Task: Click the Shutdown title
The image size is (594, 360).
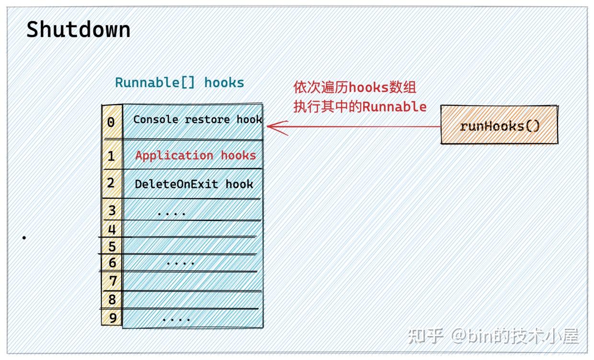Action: click(x=78, y=30)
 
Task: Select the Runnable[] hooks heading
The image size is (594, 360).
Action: click(x=180, y=82)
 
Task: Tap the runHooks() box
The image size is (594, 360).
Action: click(x=499, y=126)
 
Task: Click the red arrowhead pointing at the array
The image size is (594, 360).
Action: click(x=273, y=127)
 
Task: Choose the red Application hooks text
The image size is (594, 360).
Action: click(x=195, y=155)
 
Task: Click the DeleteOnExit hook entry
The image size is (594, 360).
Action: click(x=194, y=184)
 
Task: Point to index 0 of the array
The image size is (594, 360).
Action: click(x=111, y=122)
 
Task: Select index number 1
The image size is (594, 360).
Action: click(x=111, y=156)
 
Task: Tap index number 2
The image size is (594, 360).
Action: click(x=111, y=183)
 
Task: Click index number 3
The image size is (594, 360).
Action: click(x=112, y=210)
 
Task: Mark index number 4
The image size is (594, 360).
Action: click(x=112, y=229)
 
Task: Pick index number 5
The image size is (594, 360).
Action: click(x=112, y=246)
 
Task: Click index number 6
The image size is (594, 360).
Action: click(x=112, y=263)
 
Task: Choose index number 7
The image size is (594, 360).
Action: click(x=112, y=280)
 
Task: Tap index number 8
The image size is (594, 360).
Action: click(x=112, y=300)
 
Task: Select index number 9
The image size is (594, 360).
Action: click(x=112, y=317)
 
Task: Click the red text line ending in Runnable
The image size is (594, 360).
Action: click(x=360, y=106)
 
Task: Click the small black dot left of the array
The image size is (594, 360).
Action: click(x=24, y=237)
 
